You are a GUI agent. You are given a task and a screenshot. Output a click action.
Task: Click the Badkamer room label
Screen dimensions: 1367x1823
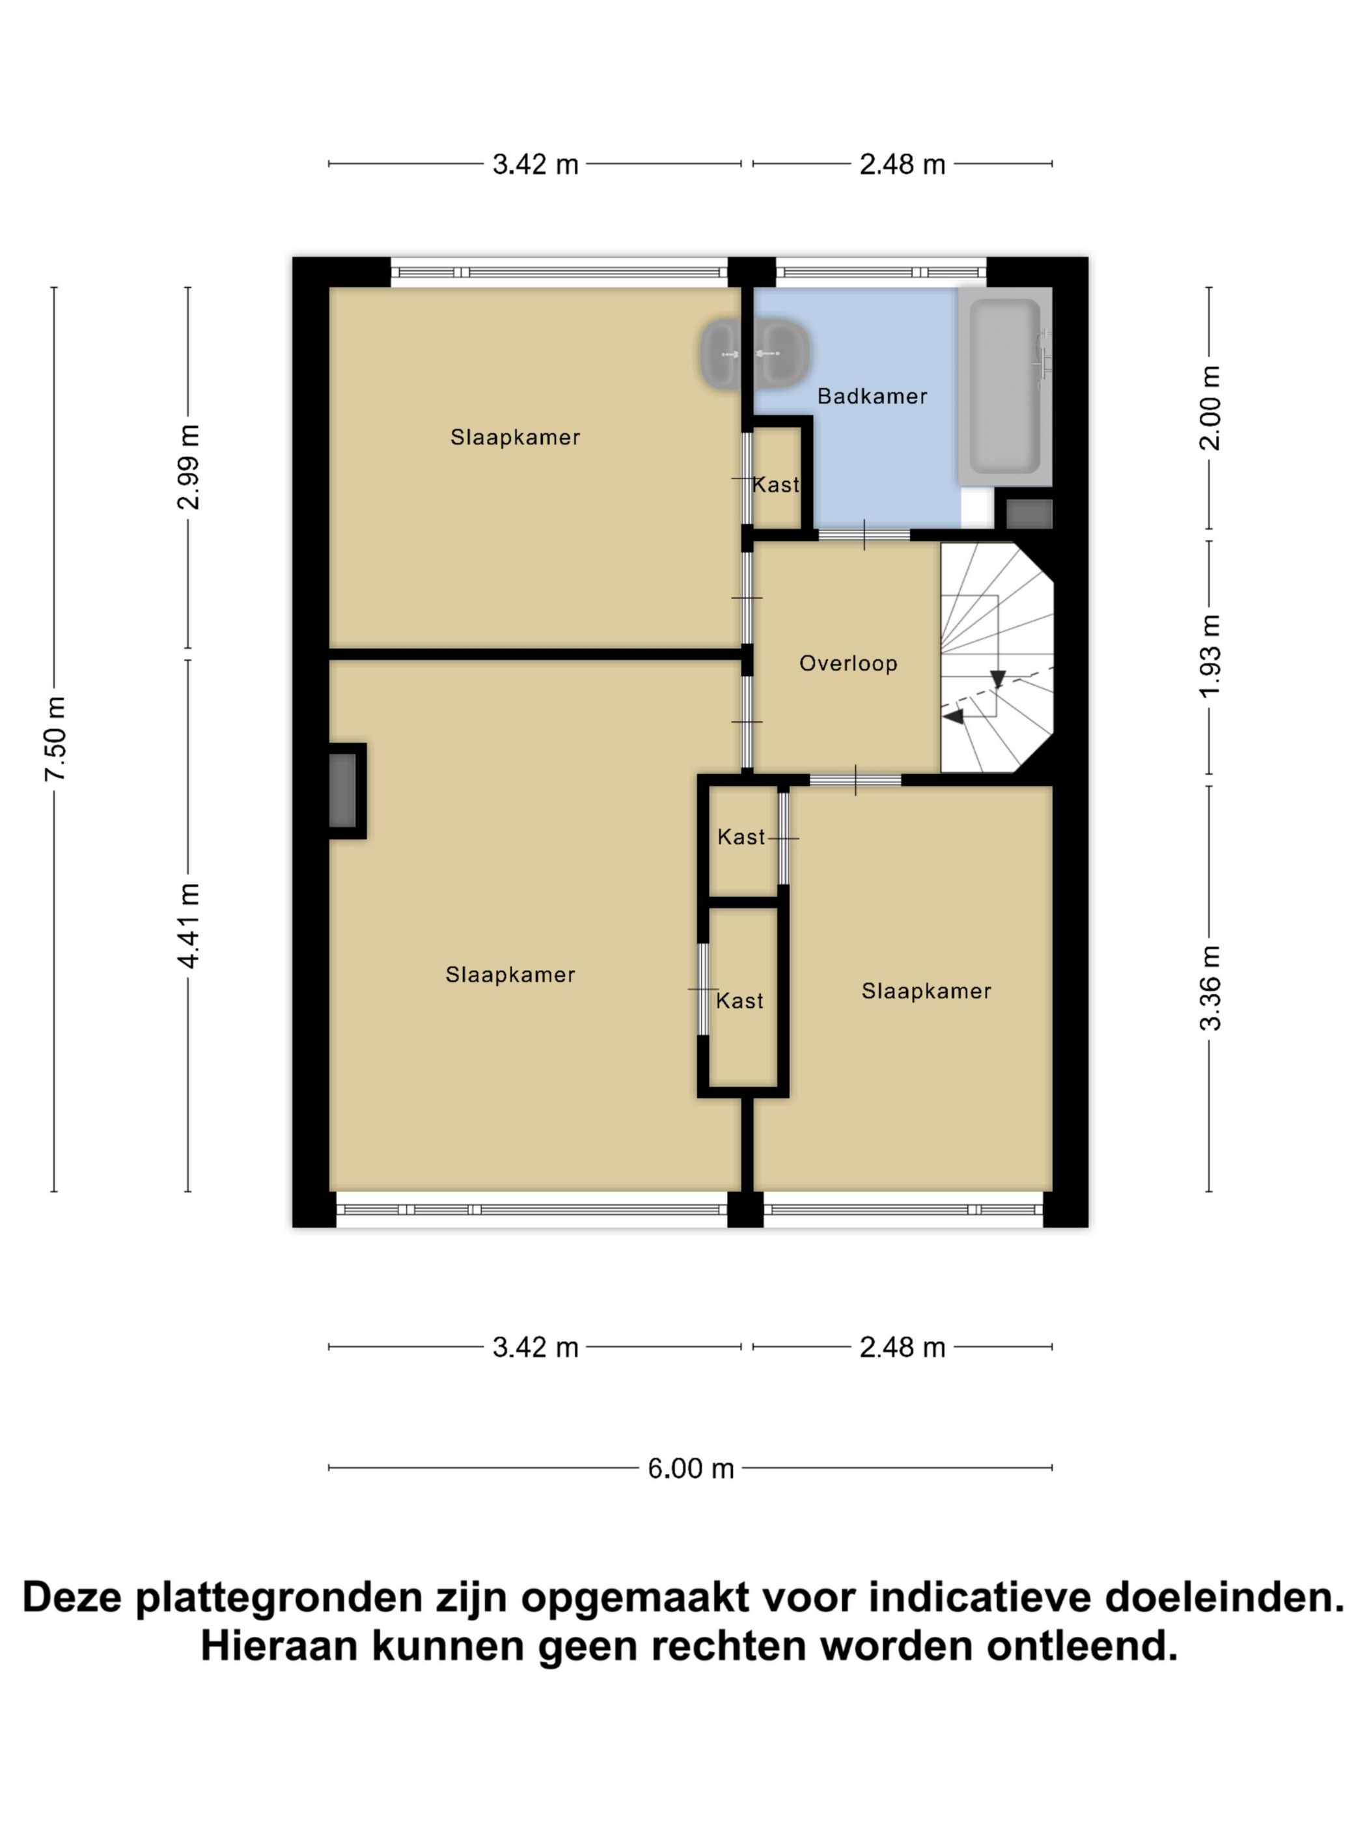click(x=872, y=397)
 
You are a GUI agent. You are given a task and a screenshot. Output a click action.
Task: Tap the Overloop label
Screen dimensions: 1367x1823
click(x=848, y=663)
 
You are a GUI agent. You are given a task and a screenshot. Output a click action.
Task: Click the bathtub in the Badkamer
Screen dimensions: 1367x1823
click(x=1004, y=385)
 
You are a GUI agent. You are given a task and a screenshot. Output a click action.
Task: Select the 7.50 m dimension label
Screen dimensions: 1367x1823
click(x=56, y=738)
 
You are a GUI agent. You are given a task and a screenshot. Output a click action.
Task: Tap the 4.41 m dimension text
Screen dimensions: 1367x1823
click(x=189, y=925)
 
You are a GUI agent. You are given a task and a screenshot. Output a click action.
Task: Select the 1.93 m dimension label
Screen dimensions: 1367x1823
click(x=1209, y=656)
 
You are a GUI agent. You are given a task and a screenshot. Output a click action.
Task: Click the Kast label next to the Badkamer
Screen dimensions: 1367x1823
click(x=775, y=484)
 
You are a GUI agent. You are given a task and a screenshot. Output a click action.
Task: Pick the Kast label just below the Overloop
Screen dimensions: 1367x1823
click(x=741, y=837)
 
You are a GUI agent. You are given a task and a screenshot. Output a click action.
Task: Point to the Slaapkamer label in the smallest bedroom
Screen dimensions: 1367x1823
click(x=926, y=991)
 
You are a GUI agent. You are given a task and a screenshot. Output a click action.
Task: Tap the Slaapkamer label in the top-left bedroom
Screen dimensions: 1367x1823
click(x=515, y=437)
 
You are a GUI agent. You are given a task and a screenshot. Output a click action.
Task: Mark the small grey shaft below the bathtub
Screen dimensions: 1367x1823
click(x=1029, y=514)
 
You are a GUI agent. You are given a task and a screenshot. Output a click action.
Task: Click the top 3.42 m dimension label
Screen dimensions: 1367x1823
click(x=536, y=165)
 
